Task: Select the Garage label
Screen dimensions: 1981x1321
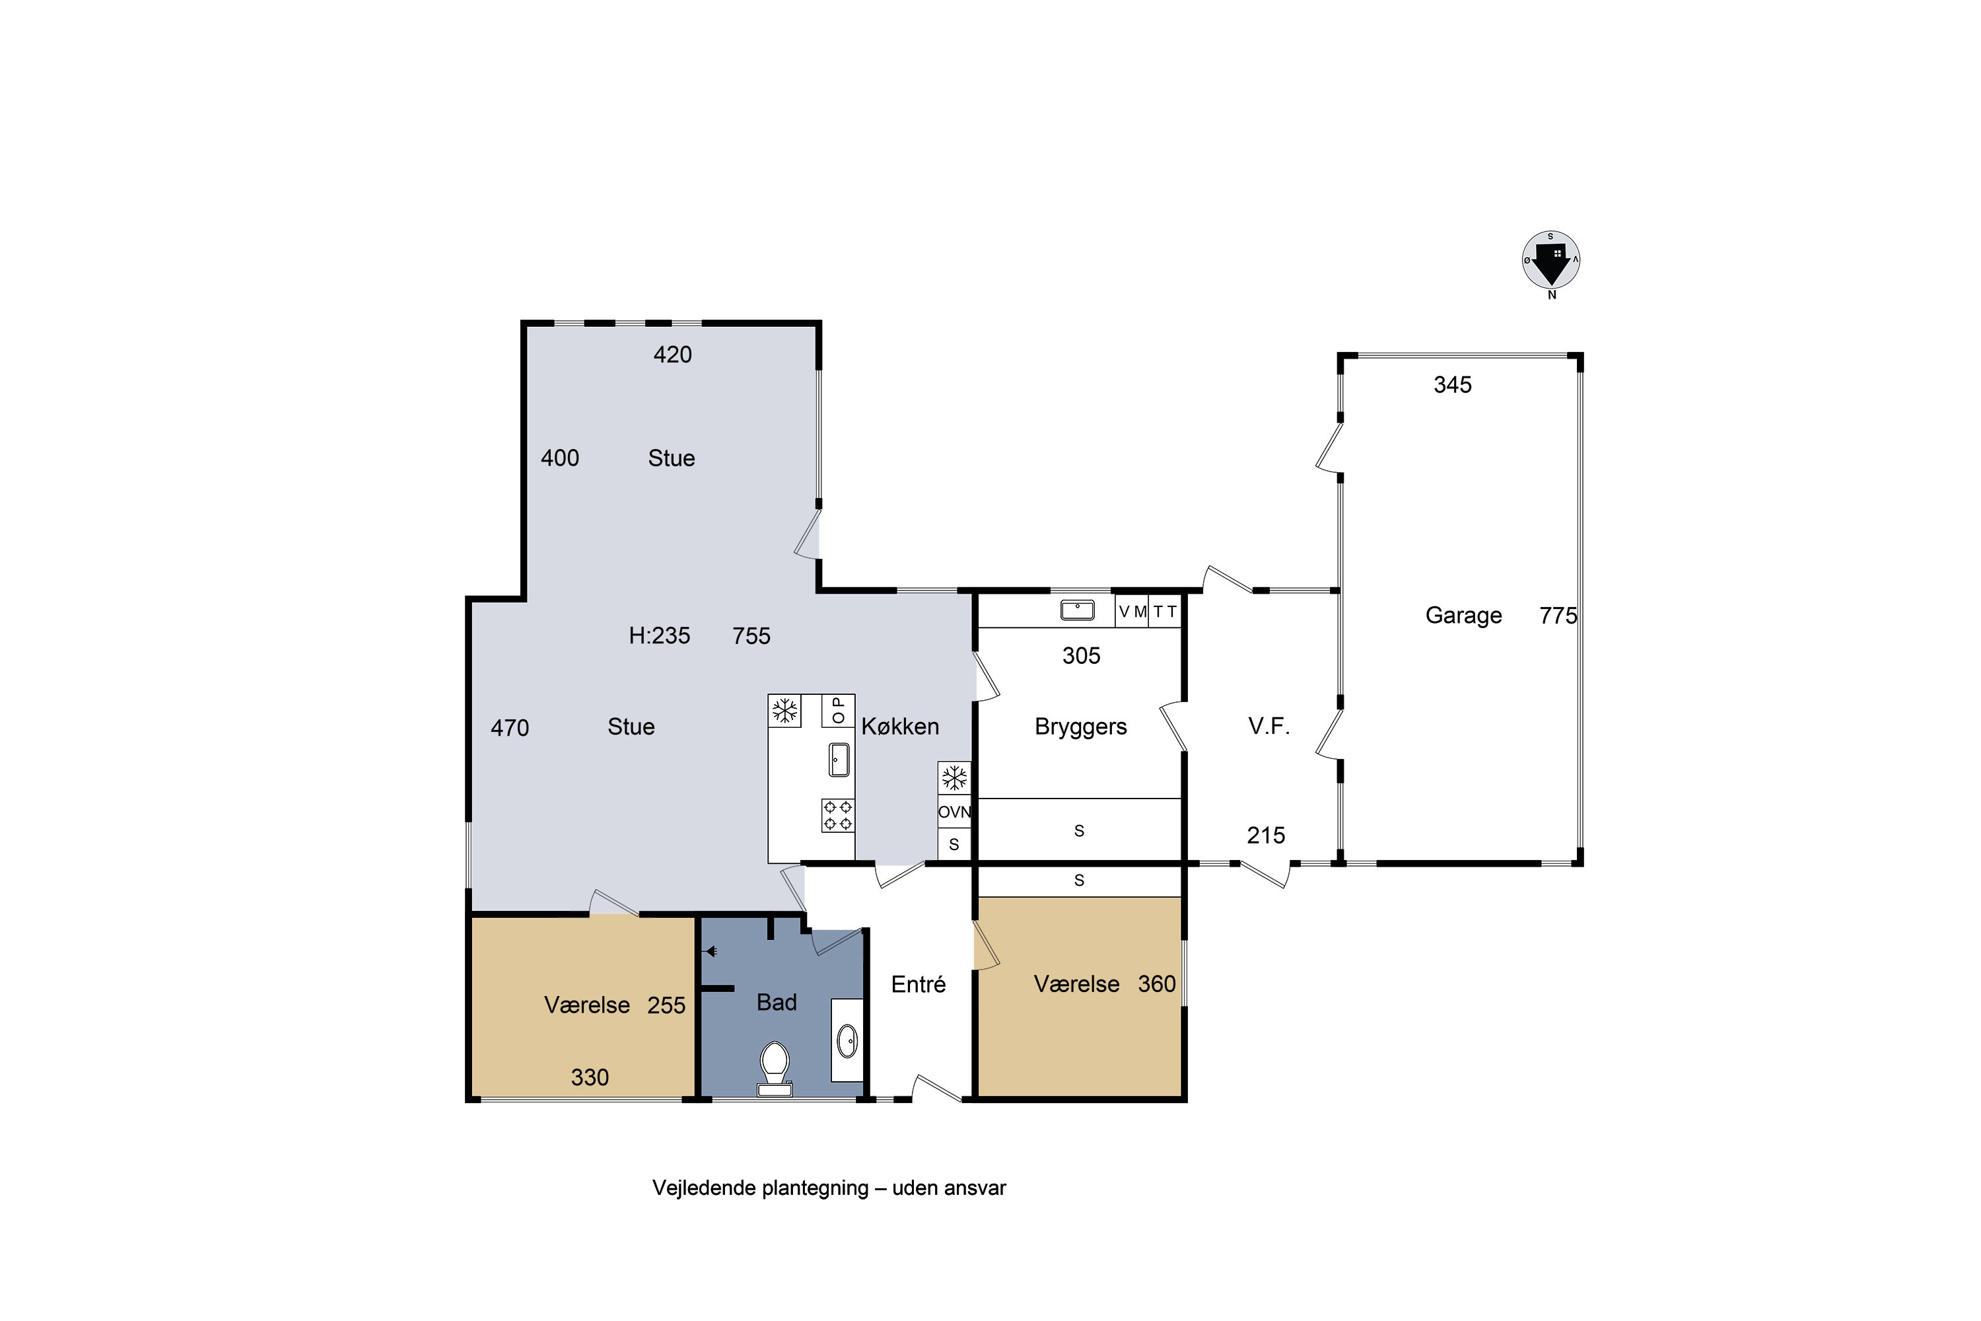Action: click(x=1463, y=615)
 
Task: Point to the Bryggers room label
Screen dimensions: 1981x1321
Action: click(x=1080, y=727)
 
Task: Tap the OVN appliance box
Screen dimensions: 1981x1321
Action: click(x=954, y=812)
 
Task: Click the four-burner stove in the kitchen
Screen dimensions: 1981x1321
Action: click(x=838, y=816)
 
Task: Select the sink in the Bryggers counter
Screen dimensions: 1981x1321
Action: click(x=1077, y=610)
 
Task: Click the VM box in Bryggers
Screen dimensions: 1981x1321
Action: click(x=1132, y=612)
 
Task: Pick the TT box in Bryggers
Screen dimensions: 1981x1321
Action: click(x=1165, y=612)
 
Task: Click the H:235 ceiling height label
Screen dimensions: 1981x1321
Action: click(x=660, y=635)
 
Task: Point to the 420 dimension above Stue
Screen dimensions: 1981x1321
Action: click(x=672, y=355)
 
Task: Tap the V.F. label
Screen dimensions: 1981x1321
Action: click(x=1269, y=726)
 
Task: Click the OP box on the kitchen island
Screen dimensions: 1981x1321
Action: click(x=838, y=710)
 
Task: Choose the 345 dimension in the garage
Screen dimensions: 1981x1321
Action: click(x=1452, y=385)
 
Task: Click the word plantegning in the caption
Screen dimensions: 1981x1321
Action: click(x=814, y=1188)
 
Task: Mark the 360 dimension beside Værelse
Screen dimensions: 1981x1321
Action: click(x=1156, y=984)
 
